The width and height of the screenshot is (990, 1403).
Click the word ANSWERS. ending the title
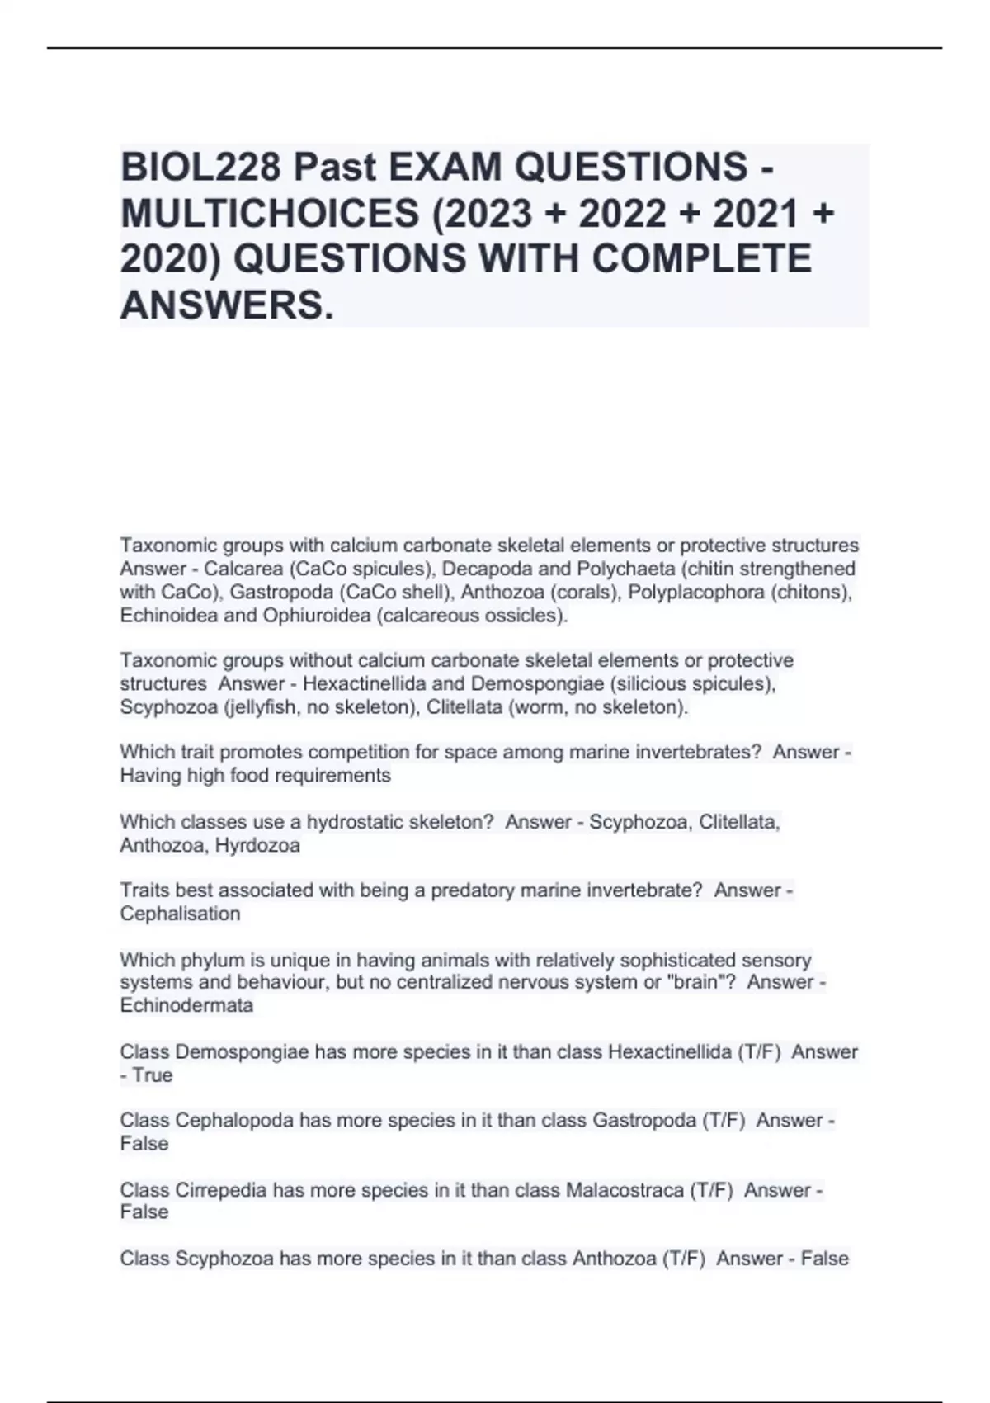[x=228, y=305]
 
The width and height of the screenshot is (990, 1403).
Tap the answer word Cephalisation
[x=180, y=914]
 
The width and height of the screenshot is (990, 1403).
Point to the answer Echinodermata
[x=186, y=1006]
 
